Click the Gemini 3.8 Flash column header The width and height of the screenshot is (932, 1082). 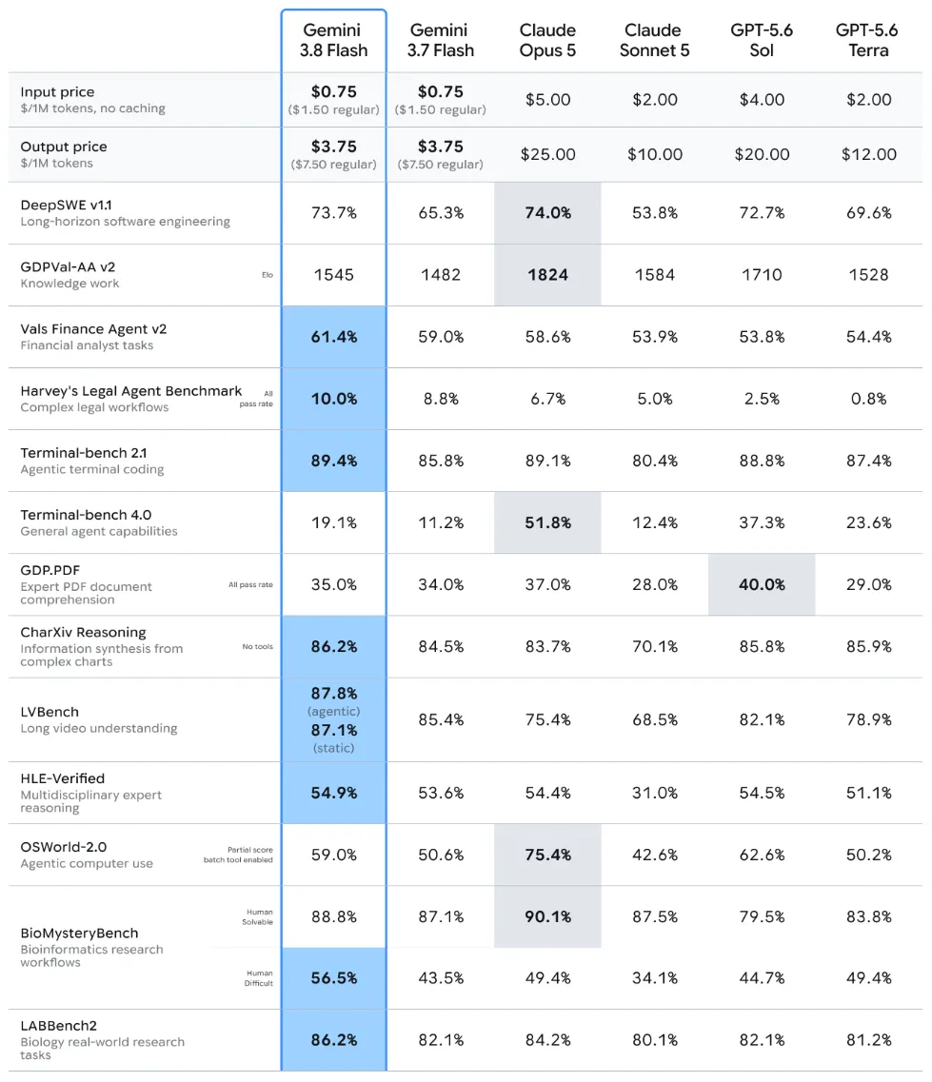coord(333,40)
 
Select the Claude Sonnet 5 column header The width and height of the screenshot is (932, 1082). coord(654,40)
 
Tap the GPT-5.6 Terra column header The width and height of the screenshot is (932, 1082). coord(868,40)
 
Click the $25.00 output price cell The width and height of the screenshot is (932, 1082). coord(547,154)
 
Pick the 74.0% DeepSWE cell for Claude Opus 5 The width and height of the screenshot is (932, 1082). coord(547,212)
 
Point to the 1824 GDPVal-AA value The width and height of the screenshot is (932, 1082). coord(547,275)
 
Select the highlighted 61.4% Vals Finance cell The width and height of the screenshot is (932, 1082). coord(333,337)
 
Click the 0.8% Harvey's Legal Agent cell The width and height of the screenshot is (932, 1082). coord(868,399)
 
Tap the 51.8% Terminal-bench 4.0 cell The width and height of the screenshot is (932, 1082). coord(547,522)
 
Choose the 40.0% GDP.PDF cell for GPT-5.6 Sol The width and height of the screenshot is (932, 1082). coord(762,584)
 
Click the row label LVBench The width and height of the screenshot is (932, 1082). coord(50,712)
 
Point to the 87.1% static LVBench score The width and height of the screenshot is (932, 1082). coord(333,730)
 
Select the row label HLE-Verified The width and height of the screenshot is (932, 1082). coord(63,778)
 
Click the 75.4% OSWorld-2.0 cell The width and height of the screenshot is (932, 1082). coord(547,855)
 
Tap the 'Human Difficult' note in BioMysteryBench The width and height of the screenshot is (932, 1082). coord(260,978)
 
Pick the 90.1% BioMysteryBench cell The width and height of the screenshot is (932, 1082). coord(547,916)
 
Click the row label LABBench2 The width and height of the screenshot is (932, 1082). coord(59,1026)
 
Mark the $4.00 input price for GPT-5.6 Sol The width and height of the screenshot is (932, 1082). coord(762,99)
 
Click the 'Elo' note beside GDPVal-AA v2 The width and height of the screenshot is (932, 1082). coord(268,275)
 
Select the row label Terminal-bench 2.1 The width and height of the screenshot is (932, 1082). coord(84,453)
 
